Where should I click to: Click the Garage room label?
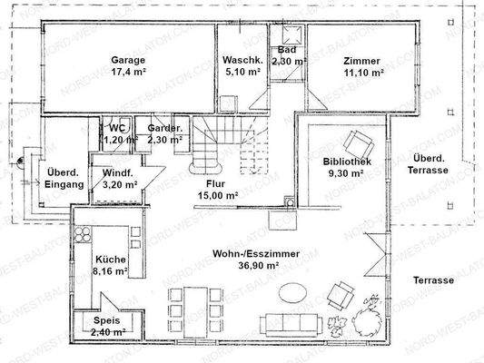128,60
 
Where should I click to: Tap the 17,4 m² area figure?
128,72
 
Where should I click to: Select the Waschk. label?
243,60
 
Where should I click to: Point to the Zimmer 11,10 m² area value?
364,73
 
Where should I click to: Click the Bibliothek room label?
347,162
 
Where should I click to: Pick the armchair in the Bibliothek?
359,143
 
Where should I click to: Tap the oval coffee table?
292,292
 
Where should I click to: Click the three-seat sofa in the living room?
291,325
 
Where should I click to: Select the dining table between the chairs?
195,312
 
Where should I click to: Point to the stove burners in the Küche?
83,234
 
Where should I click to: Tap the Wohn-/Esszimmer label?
256,254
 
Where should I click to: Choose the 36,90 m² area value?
259,265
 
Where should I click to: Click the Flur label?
215,184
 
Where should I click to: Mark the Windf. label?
118,172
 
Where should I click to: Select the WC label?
117,128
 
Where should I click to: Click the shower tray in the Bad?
292,34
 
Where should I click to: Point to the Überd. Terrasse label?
428,164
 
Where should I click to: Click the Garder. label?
164,128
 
